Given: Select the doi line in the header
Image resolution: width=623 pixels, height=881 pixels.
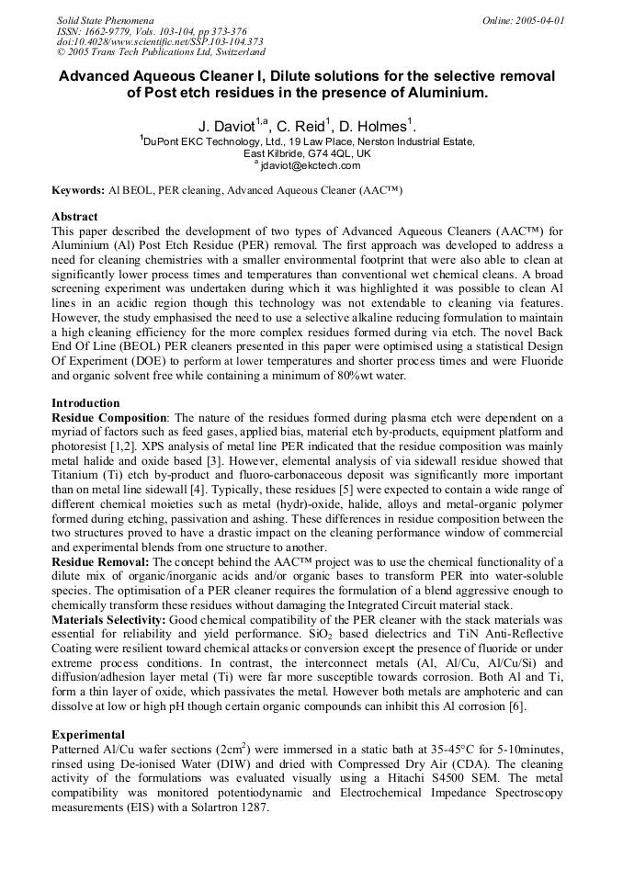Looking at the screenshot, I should click(x=159, y=41).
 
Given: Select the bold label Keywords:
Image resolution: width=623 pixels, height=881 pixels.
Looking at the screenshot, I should click(x=78, y=190).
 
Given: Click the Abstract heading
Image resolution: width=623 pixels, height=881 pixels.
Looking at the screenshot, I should click(x=74, y=217).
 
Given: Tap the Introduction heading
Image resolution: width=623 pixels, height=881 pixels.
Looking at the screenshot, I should click(x=85, y=403).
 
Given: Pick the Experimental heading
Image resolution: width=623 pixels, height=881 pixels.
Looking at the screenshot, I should click(x=88, y=736).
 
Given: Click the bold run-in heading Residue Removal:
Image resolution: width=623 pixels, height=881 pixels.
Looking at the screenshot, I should click(x=100, y=561).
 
